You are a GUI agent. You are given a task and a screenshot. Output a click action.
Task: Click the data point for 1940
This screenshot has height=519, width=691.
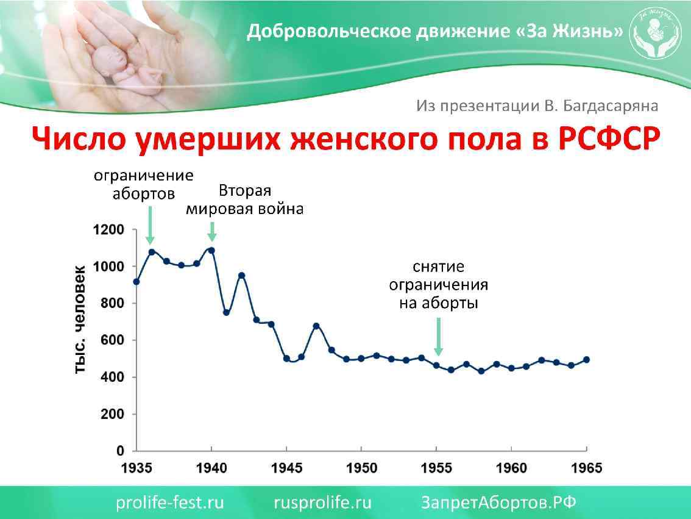tap(211, 250)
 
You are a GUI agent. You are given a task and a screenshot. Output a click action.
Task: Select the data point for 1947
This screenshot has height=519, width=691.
tap(316, 326)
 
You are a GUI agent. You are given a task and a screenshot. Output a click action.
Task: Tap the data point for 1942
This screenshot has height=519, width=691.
tap(241, 275)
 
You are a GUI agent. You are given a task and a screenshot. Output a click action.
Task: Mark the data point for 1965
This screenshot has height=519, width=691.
tap(587, 360)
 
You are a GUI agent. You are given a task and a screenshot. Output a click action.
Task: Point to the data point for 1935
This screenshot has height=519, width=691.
tap(136, 282)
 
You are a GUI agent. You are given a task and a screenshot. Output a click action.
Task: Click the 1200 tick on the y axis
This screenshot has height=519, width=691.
tap(108, 230)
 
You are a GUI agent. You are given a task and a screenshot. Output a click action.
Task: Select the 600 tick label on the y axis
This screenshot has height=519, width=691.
tap(112, 340)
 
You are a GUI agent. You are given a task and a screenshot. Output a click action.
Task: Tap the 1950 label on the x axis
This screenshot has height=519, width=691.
tap(361, 468)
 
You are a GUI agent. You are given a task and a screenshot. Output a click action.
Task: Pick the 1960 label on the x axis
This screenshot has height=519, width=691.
tap(512, 468)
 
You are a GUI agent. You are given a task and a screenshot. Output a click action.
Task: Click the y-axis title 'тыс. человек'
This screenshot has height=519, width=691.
tap(80, 320)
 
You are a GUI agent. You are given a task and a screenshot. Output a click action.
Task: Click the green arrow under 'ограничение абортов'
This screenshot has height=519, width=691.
tap(151, 226)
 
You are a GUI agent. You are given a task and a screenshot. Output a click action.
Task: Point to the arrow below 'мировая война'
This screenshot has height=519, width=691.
tap(211, 232)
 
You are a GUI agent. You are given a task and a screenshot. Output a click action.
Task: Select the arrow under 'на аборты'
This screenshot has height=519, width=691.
tap(438, 338)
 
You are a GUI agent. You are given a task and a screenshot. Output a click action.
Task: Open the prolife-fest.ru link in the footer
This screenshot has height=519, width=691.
tap(170, 503)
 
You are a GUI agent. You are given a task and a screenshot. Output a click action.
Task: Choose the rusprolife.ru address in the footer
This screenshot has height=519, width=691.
tap(322, 503)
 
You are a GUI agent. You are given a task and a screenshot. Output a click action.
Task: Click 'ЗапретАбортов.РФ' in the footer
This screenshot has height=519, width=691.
tap(498, 503)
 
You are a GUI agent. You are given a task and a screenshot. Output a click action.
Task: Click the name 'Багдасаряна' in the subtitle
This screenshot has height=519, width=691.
tap(610, 106)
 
